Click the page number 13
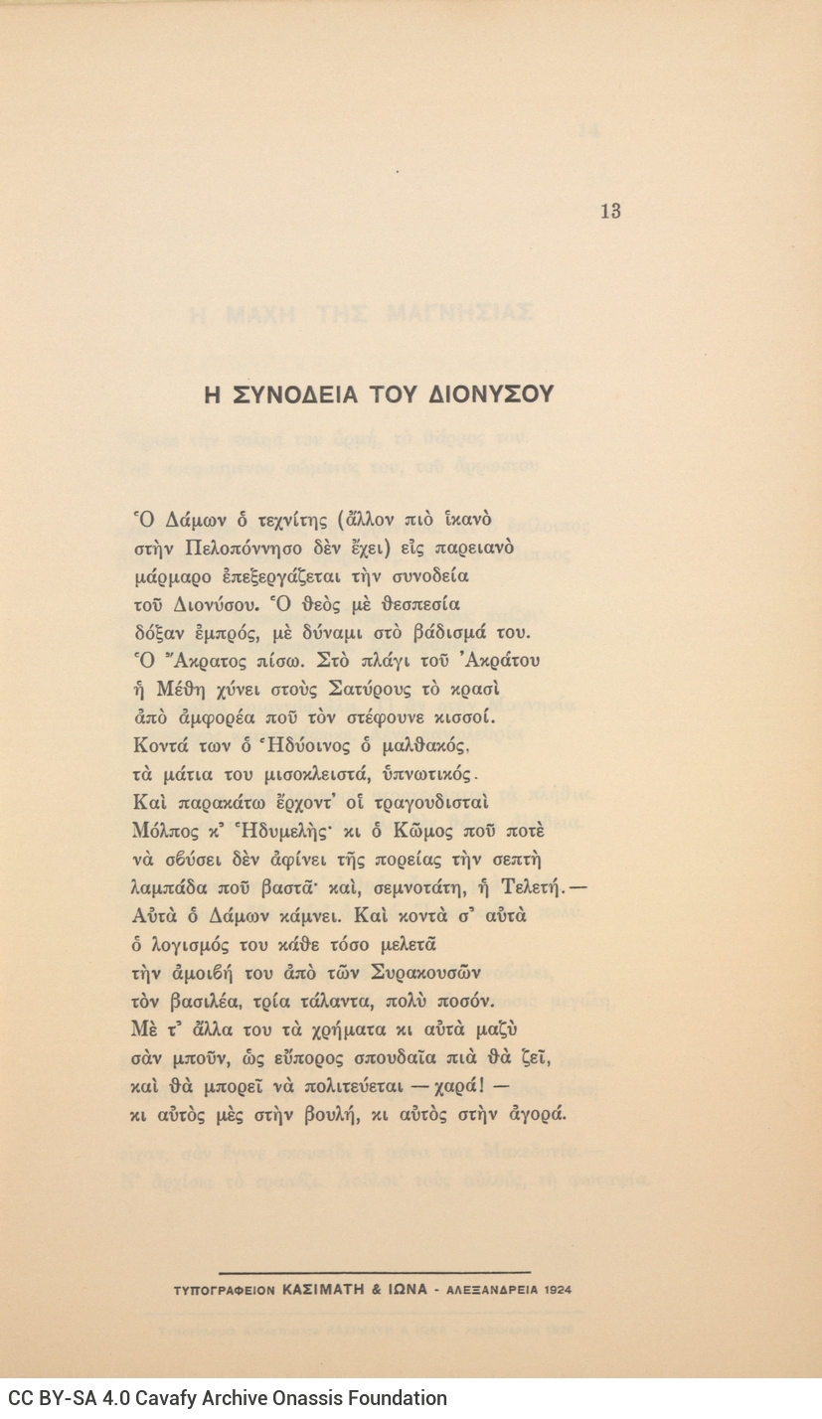(x=610, y=211)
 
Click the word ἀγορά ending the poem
(x=538, y=1113)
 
